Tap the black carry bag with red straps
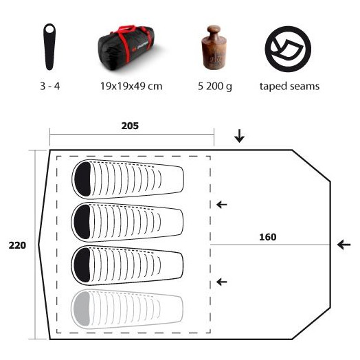click(128, 48)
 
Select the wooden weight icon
click(214, 47)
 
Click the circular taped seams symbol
click(288, 49)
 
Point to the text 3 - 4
click(50, 87)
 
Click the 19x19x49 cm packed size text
click(131, 87)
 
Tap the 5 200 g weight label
click(215, 87)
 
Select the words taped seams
click(289, 87)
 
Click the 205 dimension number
click(130, 126)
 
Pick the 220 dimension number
click(17, 245)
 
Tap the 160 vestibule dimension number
click(268, 237)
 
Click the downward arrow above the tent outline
click(239, 136)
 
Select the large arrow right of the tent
click(344, 245)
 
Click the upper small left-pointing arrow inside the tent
click(222, 204)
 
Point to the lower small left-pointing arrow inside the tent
click(222, 282)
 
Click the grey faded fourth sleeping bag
click(127, 308)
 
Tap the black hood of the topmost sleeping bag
click(82, 179)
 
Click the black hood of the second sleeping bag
click(82, 222)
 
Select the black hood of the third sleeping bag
click(82, 265)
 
